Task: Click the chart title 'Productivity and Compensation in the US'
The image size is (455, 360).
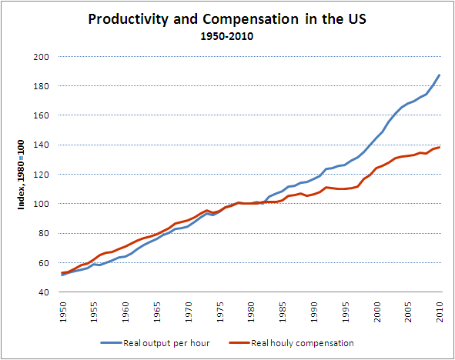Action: (227, 20)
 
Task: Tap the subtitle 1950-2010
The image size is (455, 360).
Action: (227, 36)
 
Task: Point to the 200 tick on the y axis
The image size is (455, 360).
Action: (41, 57)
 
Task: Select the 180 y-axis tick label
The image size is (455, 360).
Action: (41, 86)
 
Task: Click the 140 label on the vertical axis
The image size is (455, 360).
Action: (41, 145)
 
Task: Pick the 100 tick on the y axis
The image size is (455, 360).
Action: (41, 204)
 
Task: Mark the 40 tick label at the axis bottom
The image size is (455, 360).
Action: (44, 292)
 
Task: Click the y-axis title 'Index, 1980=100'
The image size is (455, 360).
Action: (22, 175)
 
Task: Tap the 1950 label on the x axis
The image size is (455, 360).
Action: (62, 312)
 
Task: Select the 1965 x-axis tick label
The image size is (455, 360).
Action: (157, 312)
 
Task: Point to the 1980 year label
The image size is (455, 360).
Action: (251, 312)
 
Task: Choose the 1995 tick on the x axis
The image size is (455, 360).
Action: (346, 312)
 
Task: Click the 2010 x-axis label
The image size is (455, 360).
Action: (440, 312)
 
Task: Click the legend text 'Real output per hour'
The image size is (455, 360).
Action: (166, 343)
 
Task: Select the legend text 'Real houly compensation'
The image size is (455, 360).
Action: (303, 343)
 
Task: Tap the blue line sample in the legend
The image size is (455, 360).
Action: (111, 343)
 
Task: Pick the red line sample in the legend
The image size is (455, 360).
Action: (239, 343)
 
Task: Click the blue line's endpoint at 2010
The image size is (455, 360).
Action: (440, 75)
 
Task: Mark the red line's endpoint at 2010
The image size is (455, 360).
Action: (440, 148)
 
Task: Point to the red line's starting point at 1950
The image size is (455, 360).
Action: (62, 273)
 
